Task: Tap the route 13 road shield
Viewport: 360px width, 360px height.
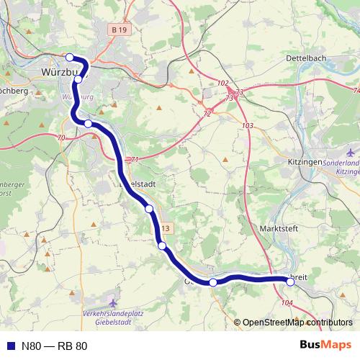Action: point(166,228)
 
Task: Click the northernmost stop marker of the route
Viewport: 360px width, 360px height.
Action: point(70,58)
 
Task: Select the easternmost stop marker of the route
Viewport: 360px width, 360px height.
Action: point(290,282)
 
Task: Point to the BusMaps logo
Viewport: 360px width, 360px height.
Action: point(325,345)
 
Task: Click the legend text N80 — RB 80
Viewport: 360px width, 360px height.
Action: point(54,346)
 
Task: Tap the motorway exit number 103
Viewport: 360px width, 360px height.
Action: point(248,126)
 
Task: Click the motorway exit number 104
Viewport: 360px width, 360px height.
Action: point(287,304)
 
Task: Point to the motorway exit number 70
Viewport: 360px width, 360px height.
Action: point(60,138)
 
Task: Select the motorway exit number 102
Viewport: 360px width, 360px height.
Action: point(222,84)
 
